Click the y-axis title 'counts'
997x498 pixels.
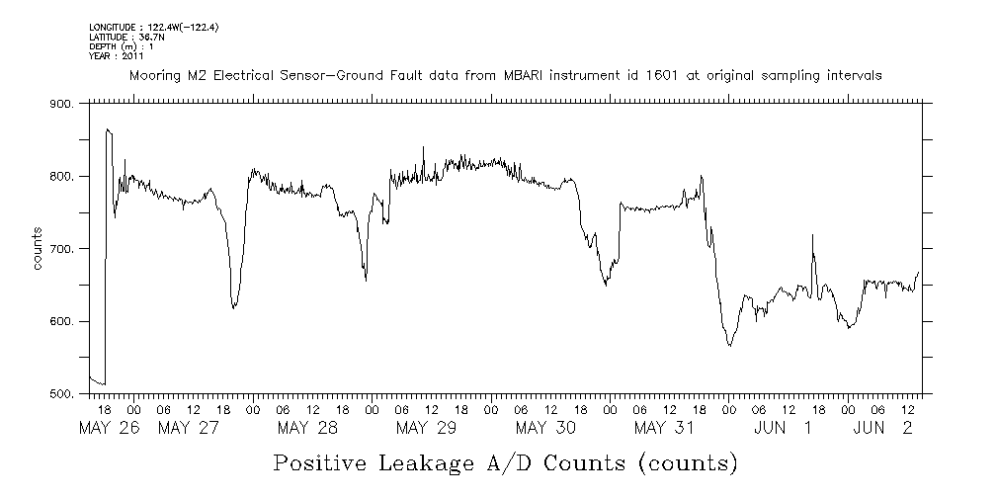(38, 248)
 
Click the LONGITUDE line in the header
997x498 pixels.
(153, 27)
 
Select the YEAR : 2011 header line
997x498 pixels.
(118, 55)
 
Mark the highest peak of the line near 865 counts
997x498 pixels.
(107, 129)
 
